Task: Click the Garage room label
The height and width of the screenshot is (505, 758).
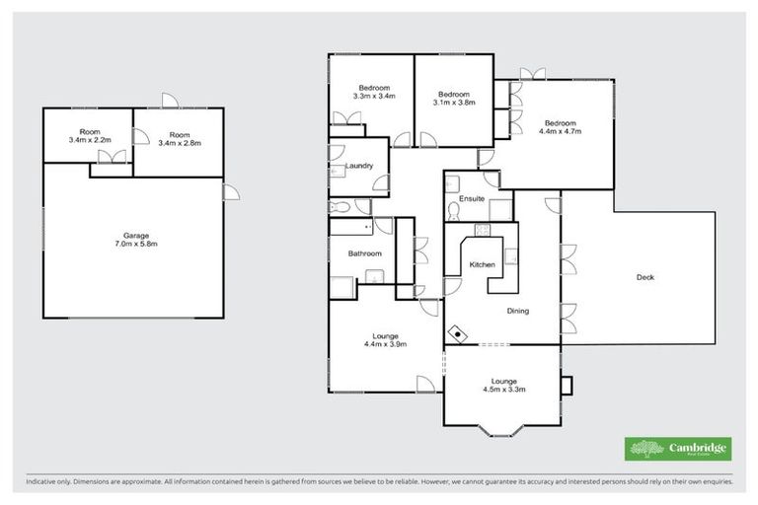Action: (x=135, y=235)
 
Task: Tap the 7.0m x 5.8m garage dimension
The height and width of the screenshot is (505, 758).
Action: (x=135, y=244)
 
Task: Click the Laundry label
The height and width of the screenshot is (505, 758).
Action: (x=359, y=166)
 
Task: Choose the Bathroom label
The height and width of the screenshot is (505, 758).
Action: (x=364, y=253)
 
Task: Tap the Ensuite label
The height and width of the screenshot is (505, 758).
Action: (x=472, y=199)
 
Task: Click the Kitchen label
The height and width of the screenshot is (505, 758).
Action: (x=482, y=265)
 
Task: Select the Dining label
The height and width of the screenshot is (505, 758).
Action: (x=517, y=311)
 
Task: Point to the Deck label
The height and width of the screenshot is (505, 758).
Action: (x=645, y=277)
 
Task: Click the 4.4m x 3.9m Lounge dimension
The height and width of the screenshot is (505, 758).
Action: (x=386, y=343)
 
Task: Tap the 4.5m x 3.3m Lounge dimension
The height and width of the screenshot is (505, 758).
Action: (x=503, y=389)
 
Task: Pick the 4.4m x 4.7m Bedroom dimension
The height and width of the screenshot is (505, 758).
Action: (x=560, y=130)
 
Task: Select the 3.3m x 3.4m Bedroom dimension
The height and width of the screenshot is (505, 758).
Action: (x=374, y=97)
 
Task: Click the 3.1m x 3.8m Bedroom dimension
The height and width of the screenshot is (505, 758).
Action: (x=454, y=102)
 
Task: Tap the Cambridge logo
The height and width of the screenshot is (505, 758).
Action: (x=678, y=449)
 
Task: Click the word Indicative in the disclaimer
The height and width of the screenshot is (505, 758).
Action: (x=42, y=483)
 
